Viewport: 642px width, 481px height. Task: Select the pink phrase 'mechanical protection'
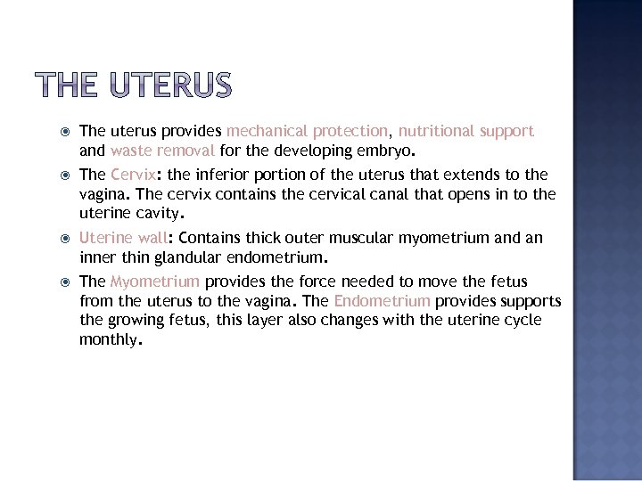coord(308,131)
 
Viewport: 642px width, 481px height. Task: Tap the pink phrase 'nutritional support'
coord(466,131)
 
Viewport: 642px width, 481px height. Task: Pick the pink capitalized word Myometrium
coord(154,281)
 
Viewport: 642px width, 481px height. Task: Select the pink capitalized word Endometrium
coord(382,301)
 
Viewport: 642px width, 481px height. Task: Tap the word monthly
coord(108,340)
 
